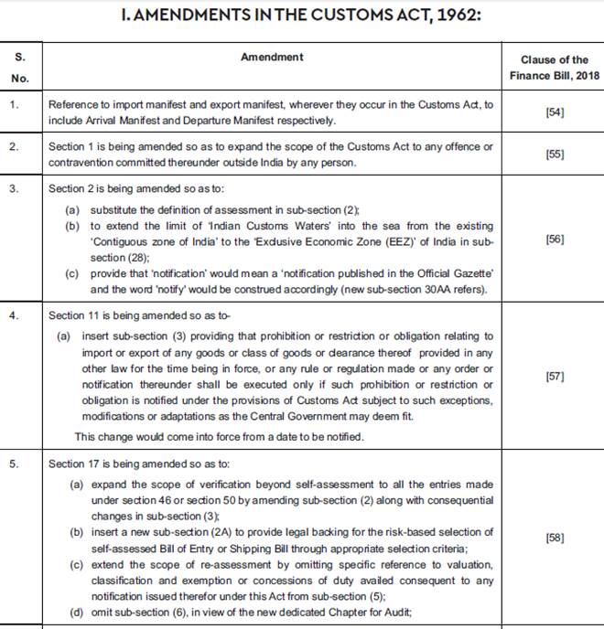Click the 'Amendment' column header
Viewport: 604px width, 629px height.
(272, 57)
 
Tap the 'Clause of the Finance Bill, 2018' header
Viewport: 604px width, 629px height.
(555, 67)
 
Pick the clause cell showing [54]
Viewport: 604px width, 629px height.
(555, 112)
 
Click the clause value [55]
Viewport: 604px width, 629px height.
(555, 155)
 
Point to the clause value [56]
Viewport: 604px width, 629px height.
(555, 239)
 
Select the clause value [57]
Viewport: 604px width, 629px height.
(555, 376)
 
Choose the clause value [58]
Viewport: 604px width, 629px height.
(555, 538)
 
